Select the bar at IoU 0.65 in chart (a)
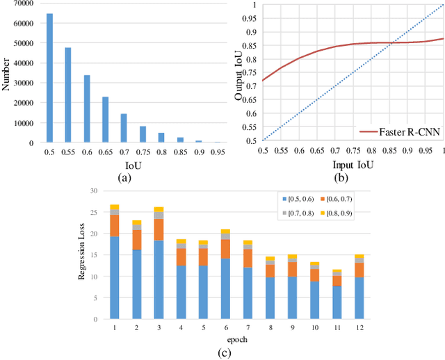coord(106,120)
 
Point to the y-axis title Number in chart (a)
coord(6,73)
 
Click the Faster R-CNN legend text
coord(403,130)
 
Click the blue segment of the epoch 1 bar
coord(115,279)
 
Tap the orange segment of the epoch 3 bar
coord(159,229)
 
